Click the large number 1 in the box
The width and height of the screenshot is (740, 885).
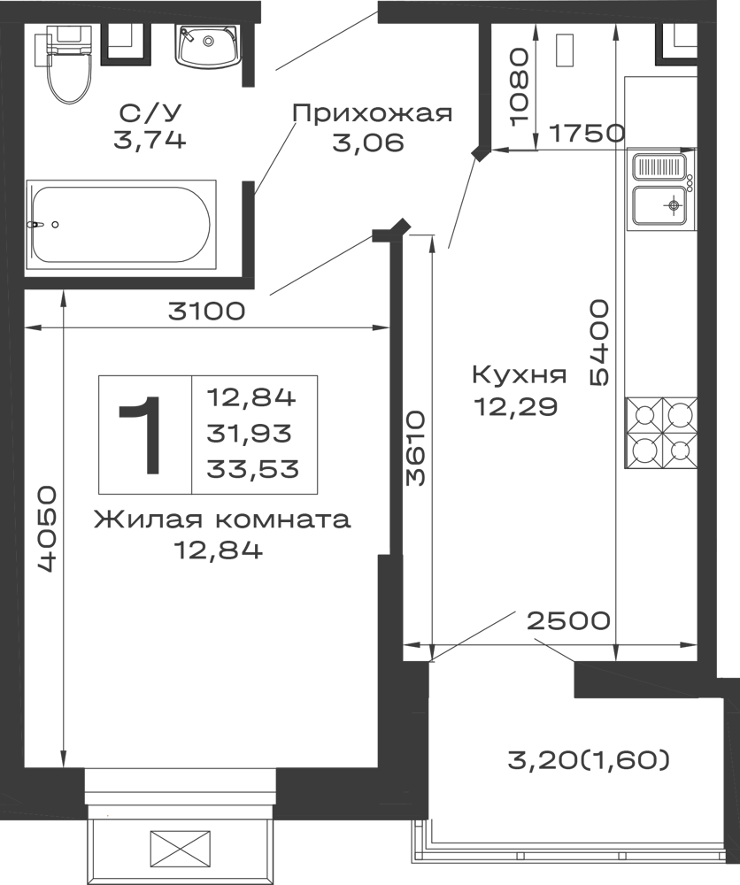[x=140, y=433]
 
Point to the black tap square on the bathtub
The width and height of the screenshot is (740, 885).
[x=56, y=227]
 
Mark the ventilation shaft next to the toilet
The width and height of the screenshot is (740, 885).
[x=127, y=44]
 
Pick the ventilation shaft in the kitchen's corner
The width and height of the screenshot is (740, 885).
[x=675, y=44]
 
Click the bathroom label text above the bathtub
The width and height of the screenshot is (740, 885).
[x=150, y=125]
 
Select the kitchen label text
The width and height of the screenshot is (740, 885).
[x=516, y=389]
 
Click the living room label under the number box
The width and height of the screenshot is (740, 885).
[x=221, y=532]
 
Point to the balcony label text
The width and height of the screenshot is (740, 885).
[x=587, y=759]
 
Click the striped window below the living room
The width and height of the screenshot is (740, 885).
[x=181, y=792]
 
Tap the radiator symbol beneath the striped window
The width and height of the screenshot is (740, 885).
[x=181, y=849]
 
